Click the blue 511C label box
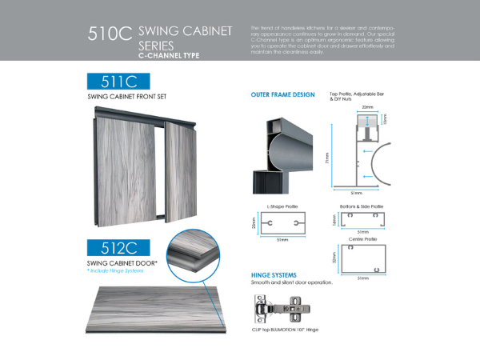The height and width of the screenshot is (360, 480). coord(119,81)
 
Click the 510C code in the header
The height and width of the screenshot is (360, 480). coord(109,36)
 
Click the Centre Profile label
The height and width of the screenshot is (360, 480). coord(358,239)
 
